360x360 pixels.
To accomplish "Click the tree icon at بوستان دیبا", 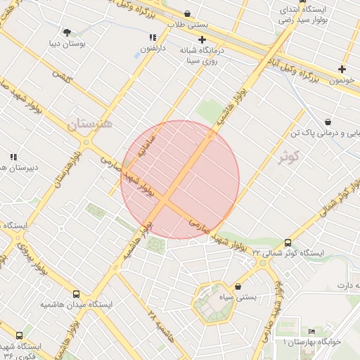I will (67, 32).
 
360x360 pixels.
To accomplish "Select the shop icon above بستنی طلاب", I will (187, 13).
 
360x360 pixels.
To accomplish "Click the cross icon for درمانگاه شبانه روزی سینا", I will (202, 40).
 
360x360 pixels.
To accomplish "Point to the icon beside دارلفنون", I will (151, 37).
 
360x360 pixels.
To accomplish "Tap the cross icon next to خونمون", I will (342, 69).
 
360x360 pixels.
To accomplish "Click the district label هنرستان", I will (90, 124).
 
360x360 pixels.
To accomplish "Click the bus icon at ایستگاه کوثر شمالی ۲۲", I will (288, 242).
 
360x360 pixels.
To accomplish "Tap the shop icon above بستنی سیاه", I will (238, 287).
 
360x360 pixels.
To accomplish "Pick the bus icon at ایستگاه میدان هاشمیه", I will (76, 294).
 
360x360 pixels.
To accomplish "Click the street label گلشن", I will (61, 75).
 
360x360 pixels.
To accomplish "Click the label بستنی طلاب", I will (186, 24).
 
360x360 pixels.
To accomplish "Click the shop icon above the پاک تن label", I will (328, 121).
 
